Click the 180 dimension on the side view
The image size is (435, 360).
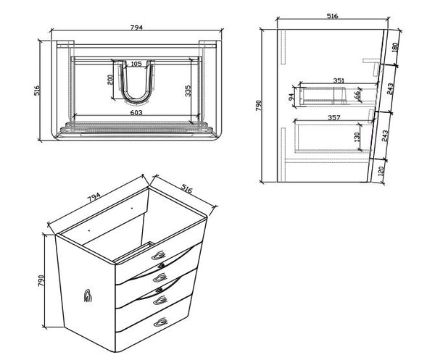tap(394, 48)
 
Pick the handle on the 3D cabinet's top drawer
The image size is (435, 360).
tap(161, 254)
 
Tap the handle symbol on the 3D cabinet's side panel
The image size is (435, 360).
tap(88, 294)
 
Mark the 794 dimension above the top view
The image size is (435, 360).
tap(136, 27)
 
